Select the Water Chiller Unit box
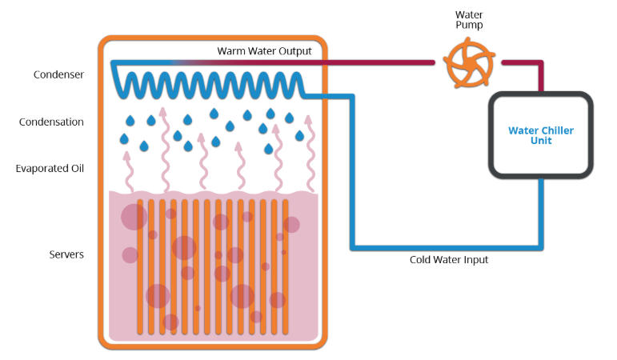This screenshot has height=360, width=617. (x=541, y=134)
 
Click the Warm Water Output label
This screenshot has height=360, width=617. (x=264, y=51)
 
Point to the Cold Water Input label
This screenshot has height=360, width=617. (x=449, y=260)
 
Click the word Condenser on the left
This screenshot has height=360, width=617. (x=58, y=75)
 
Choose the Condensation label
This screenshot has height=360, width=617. (x=51, y=122)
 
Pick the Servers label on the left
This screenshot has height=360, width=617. (x=66, y=254)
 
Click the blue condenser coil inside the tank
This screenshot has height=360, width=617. (x=208, y=82)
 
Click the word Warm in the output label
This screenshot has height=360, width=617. (x=231, y=51)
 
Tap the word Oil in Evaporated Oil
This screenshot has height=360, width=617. (x=77, y=169)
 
